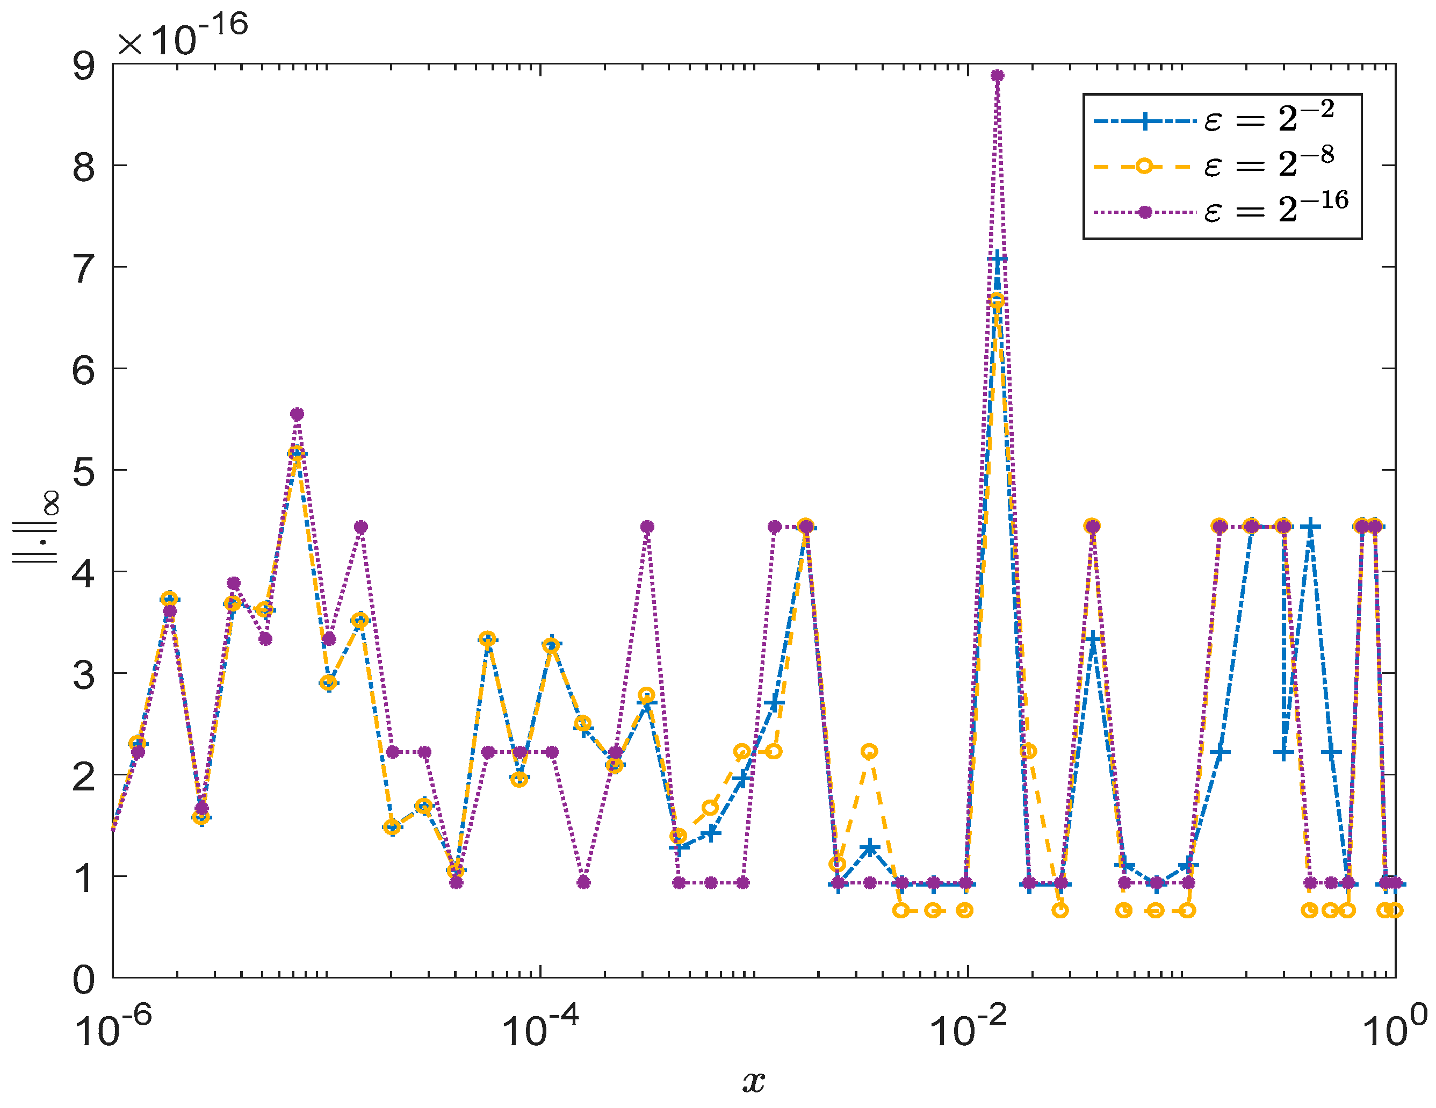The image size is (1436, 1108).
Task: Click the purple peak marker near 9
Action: point(998,76)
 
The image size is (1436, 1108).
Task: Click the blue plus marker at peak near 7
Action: point(998,259)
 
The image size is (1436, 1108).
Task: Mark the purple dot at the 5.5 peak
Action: point(297,414)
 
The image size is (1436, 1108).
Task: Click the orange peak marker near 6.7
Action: point(998,301)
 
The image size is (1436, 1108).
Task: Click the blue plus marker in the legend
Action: point(1145,121)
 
